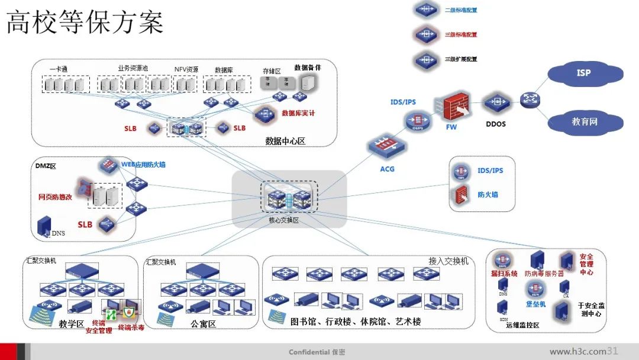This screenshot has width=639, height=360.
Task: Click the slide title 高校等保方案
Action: [85, 24]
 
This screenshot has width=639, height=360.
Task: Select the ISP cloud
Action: [584, 73]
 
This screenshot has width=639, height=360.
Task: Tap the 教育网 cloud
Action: [584, 122]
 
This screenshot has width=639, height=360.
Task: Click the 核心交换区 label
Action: [283, 220]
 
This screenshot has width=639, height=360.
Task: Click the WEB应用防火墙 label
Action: [143, 164]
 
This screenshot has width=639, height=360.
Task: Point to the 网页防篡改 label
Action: [55, 197]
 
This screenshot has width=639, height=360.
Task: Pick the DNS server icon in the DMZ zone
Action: [44, 226]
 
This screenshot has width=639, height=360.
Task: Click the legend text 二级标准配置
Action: [461, 10]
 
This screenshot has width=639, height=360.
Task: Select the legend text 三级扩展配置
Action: [461, 59]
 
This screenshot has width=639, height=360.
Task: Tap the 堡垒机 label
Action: [536, 304]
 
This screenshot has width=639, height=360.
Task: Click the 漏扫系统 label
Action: [504, 274]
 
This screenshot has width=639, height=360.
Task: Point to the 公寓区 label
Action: [203, 324]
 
